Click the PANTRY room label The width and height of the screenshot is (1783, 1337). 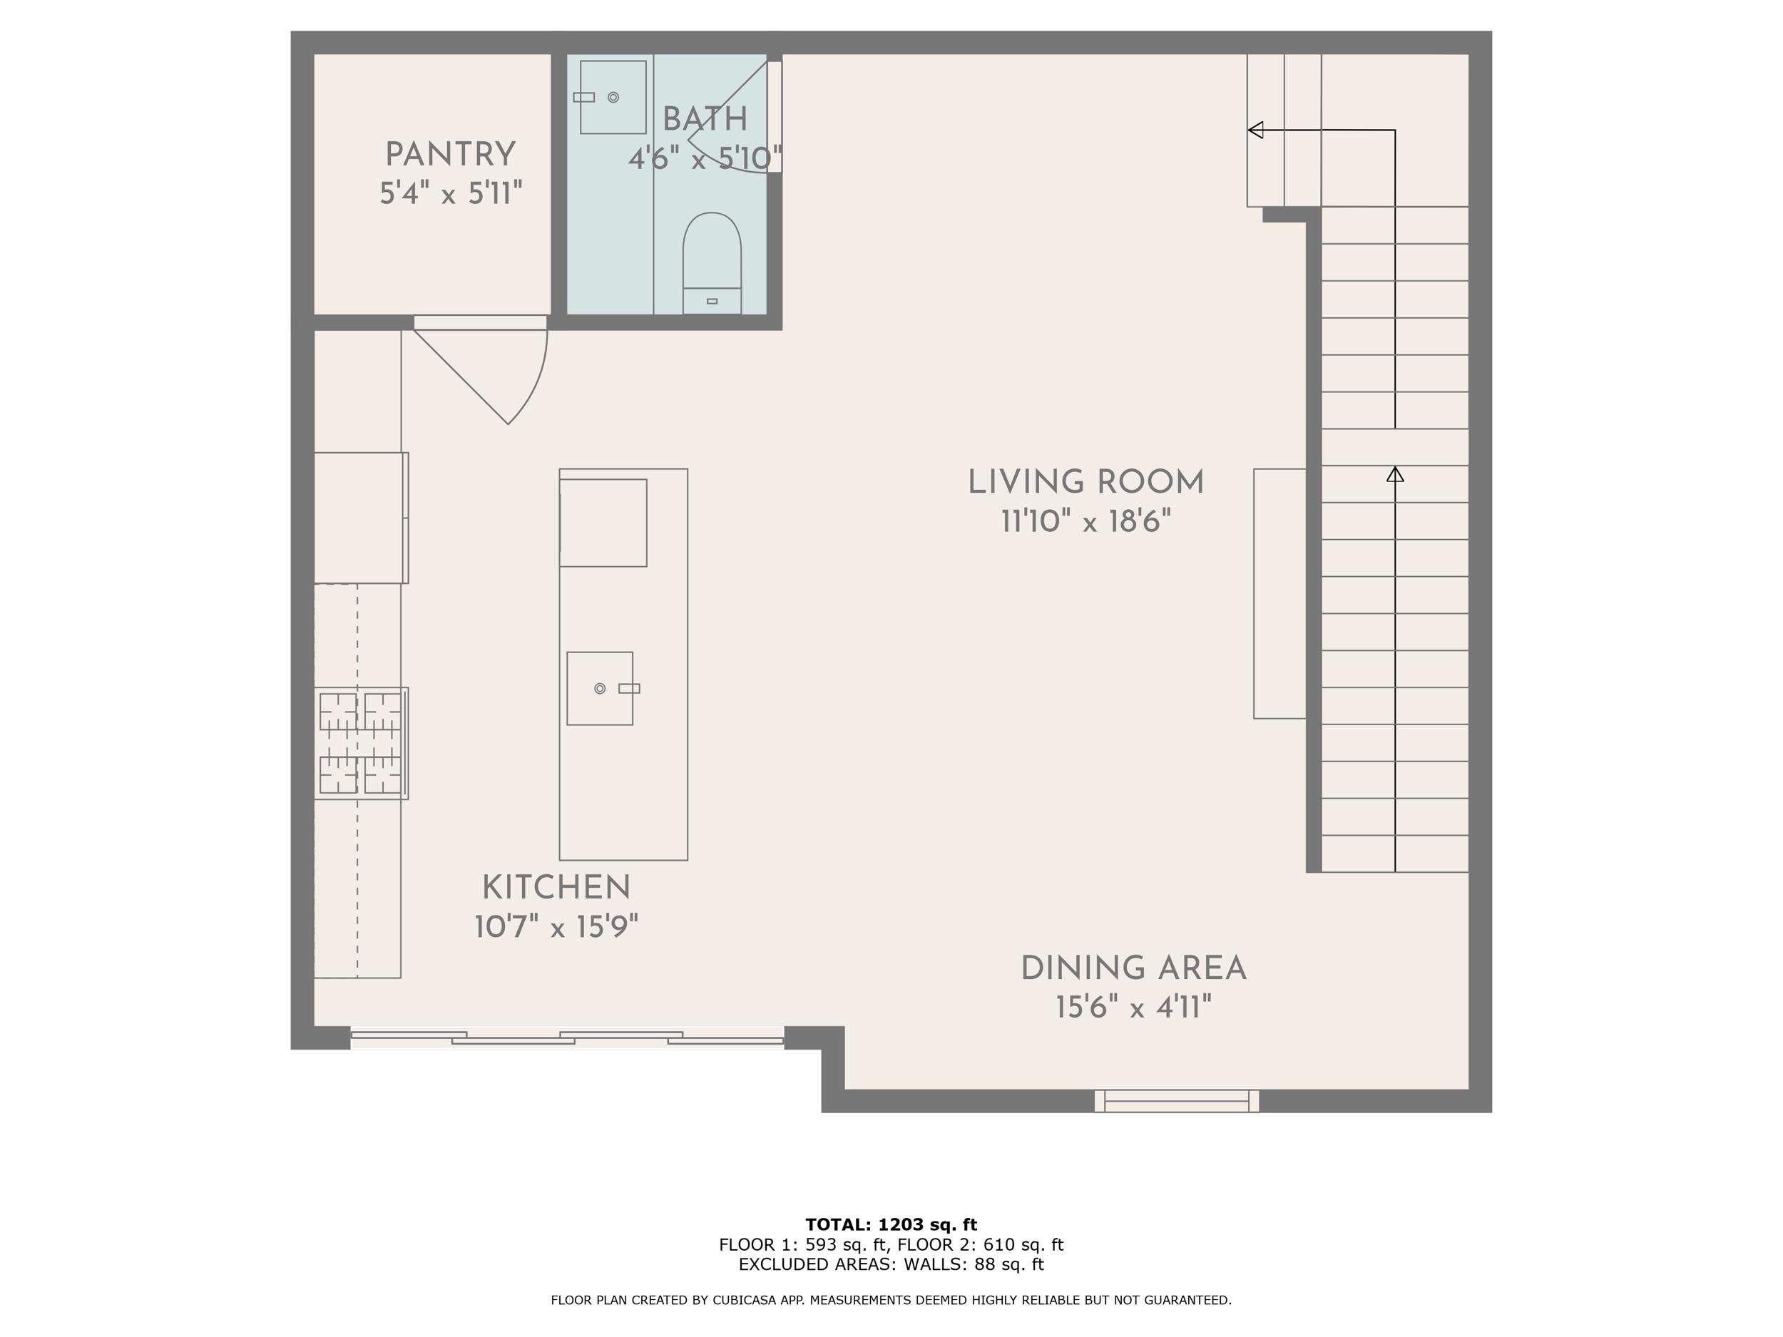pyautogui.click(x=451, y=155)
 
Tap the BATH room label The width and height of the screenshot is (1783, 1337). pyautogui.click(x=705, y=119)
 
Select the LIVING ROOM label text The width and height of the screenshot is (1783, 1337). pyautogui.click(x=1085, y=482)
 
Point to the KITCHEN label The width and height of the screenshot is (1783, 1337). pyautogui.click(x=556, y=888)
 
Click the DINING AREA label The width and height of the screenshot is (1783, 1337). pyautogui.click(x=1134, y=968)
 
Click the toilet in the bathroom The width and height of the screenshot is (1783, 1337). pyautogui.click(x=712, y=262)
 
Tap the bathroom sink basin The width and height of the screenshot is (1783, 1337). pyautogui.click(x=613, y=97)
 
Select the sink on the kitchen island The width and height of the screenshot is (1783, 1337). pyautogui.click(x=600, y=688)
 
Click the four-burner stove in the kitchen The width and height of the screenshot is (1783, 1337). pyautogui.click(x=361, y=743)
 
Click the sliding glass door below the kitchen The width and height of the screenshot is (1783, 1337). pyautogui.click(x=568, y=1038)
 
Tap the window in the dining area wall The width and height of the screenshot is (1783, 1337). pyautogui.click(x=1177, y=1101)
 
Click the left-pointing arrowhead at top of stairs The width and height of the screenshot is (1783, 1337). pyautogui.click(x=1255, y=130)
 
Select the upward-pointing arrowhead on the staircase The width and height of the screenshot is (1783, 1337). pyautogui.click(x=1395, y=474)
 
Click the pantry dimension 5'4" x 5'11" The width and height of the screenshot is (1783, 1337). pyautogui.click(x=451, y=193)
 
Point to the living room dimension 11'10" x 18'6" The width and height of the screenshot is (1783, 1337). pyautogui.click(x=1085, y=521)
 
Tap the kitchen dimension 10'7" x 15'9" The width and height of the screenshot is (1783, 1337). pyautogui.click(x=556, y=928)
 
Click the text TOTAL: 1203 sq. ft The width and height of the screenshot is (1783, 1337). pyautogui.click(x=891, y=1225)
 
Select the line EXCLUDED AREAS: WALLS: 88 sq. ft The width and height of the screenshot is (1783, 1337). pyautogui.click(x=891, y=1264)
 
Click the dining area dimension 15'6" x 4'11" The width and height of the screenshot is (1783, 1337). pyautogui.click(x=1134, y=1008)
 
